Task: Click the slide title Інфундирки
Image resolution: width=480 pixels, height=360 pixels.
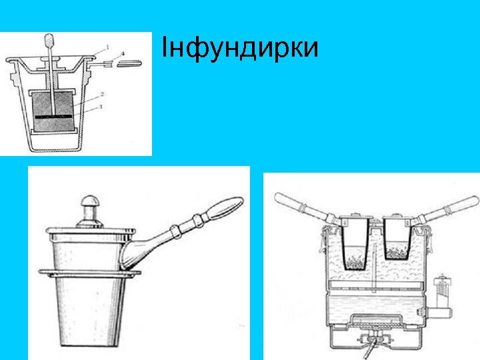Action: (241, 49)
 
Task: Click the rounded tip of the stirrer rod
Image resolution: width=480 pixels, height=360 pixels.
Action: (49, 41)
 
